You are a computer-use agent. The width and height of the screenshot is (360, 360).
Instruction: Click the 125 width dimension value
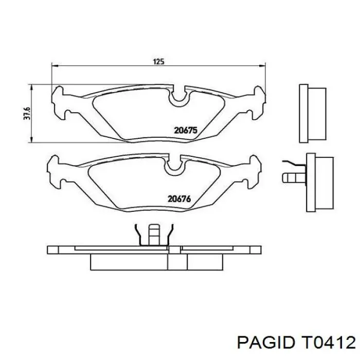pyautogui.click(x=158, y=61)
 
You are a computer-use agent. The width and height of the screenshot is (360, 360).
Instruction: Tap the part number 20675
pyautogui.click(x=186, y=131)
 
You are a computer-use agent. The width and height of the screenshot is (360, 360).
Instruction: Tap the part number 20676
pyautogui.click(x=179, y=198)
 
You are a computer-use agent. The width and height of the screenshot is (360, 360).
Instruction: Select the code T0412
pyautogui.click(x=328, y=341)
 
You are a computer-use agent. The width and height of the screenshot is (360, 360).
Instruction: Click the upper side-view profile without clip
pyautogui.click(x=312, y=113)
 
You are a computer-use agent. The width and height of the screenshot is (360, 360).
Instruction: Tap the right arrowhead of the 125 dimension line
pyautogui.click(x=265, y=65)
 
